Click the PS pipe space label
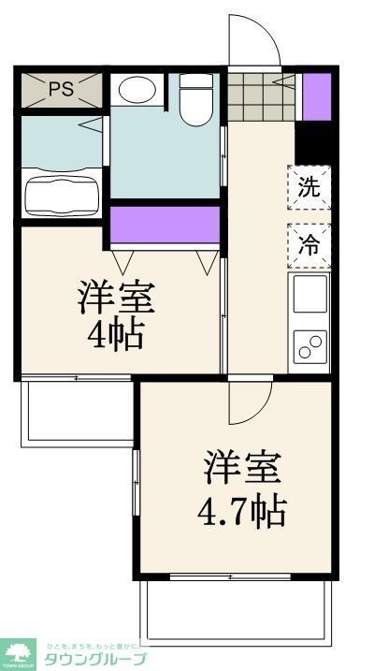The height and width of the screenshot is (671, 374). tap(62, 90)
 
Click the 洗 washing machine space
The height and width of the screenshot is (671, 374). tap(309, 185)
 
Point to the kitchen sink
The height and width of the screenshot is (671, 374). tap(309, 294)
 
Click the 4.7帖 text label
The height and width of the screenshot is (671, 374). tap(241, 511)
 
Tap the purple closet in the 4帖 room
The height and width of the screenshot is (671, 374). tap(165, 225)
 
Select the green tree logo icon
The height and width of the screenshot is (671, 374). tap(18, 651)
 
